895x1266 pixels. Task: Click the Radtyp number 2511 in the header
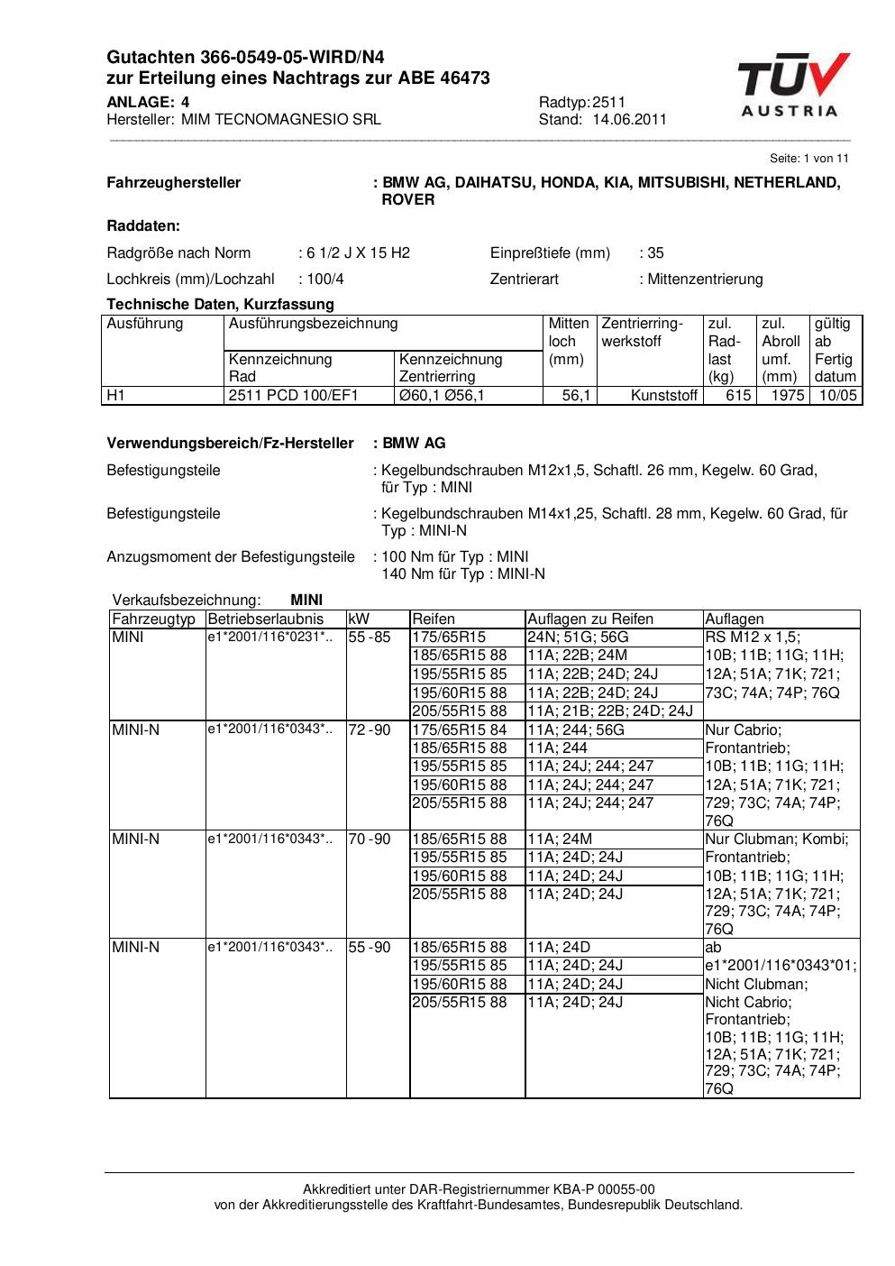[x=609, y=102]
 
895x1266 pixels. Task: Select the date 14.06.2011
[x=630, y=119]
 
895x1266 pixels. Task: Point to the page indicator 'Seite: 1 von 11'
[x=808, y=158]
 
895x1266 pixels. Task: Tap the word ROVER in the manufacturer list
[x=408, y=199]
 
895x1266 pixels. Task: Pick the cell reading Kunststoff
[x=664, y=395]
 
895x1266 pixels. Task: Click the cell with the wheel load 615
[x=738, y=395]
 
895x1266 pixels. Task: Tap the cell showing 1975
[x=787, y=395]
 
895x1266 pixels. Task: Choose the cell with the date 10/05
[x=837, y=395]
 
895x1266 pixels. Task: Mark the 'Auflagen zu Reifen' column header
[x=589, y=619]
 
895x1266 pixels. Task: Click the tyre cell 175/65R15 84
[x=460, y=729]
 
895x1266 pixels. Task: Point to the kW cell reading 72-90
[x=370, y=729]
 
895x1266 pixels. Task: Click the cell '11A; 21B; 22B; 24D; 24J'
[x=609, y=711]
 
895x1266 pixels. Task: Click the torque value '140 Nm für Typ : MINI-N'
[x=463, y=573]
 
